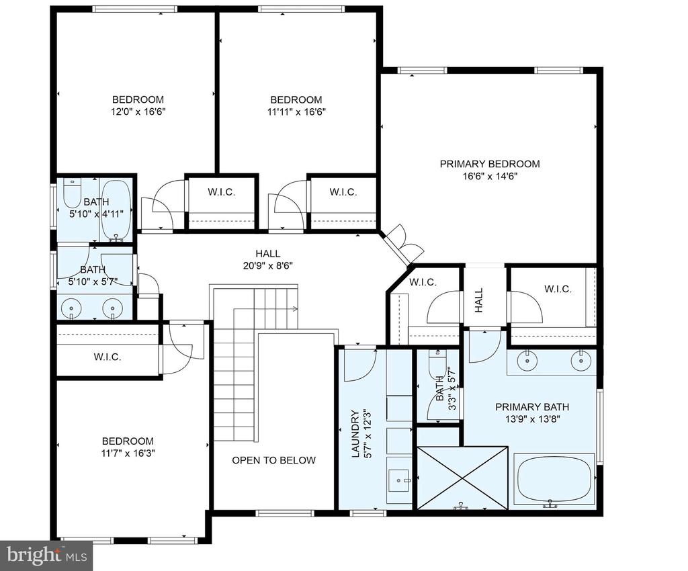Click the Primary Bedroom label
click(490, 164)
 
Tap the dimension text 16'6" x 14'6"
click(490, 176)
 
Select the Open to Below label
click(274, 460)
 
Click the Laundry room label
click(355, 434)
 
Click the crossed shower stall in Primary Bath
click(462, 478)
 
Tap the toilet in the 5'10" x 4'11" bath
click(71, 193)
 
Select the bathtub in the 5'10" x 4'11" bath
click(116, 210)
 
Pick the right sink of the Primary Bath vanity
click(580, 361)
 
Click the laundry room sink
click(399, 480)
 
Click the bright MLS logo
click(46, 556)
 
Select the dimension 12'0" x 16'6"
click(138, 112)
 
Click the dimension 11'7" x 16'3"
click(128, 453)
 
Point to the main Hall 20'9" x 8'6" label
click(268, 259)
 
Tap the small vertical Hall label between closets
click(478, 300)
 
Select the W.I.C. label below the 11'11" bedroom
click(343, 191)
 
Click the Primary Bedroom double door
click(403, 246)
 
